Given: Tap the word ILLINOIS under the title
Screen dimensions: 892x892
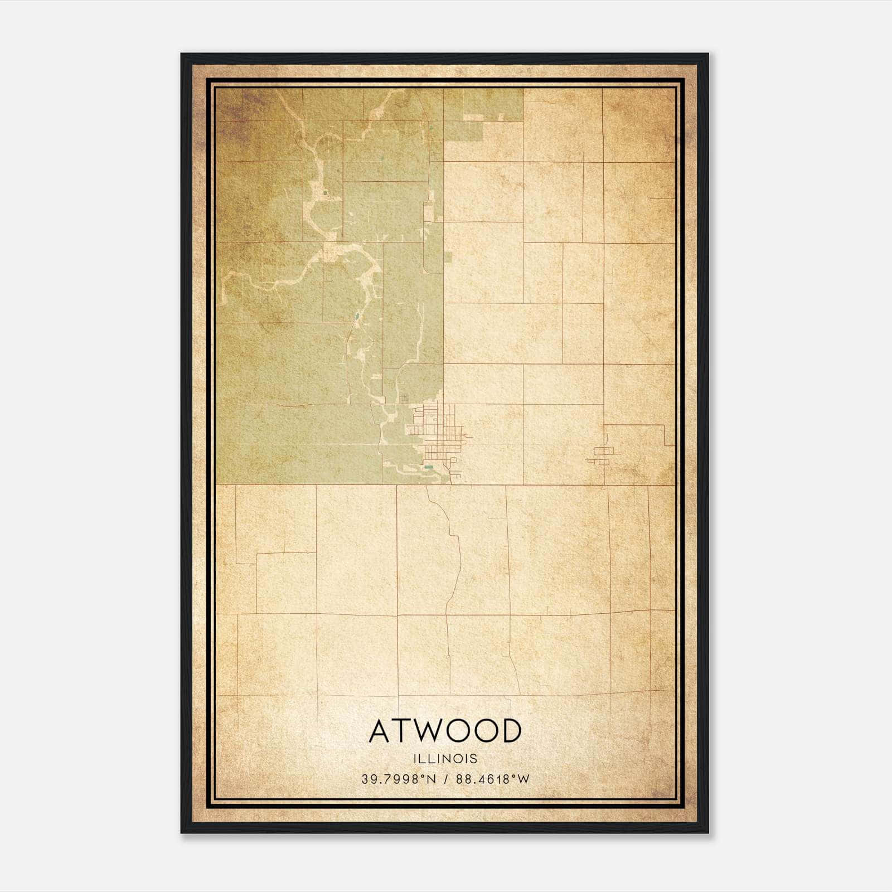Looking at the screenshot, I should coord(445,759).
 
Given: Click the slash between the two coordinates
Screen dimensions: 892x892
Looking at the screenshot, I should coord(446,779).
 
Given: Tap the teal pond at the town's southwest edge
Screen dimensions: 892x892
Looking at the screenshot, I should coord(428,467).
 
